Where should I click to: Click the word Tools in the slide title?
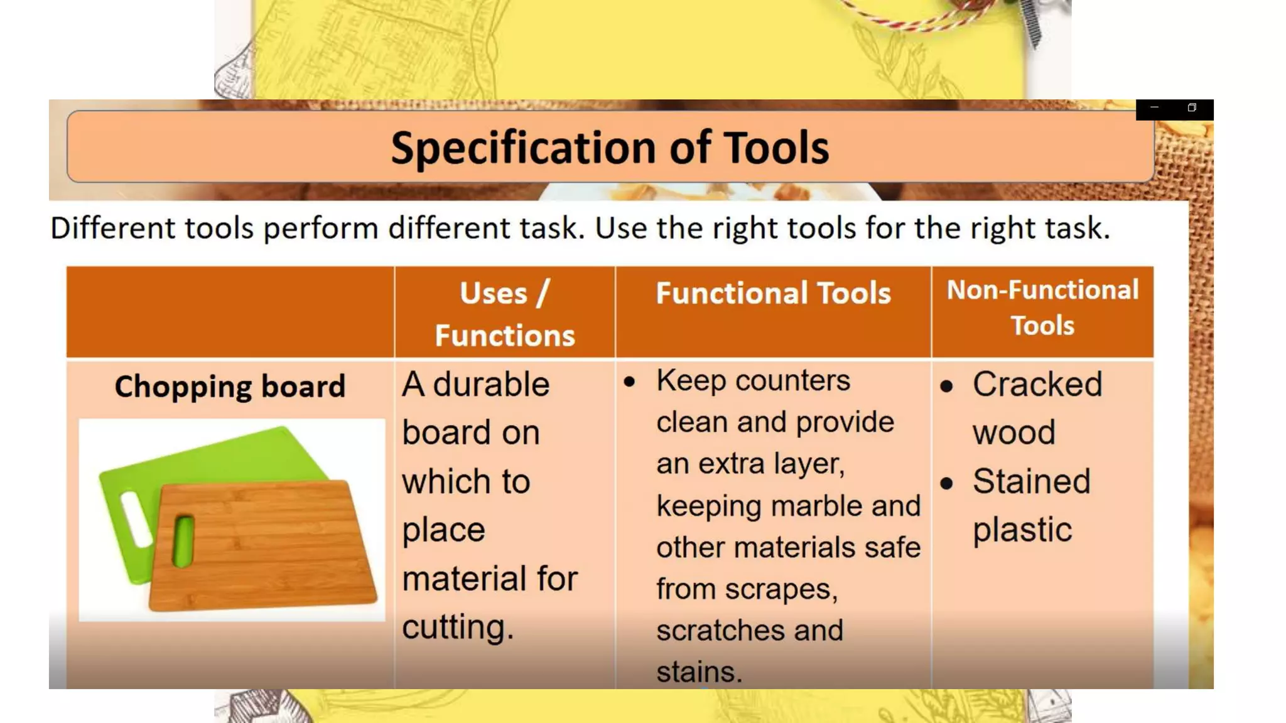coord(776,149)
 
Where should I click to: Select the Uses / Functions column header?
coord(505,313)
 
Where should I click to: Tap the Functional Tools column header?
coord(773,293)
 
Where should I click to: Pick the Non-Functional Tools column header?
coord(1042,308)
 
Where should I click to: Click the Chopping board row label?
coord(230,386)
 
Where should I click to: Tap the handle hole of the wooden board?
coord(183,540)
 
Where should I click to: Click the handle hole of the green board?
coord(135,518)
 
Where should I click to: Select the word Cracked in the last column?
coord(1037,384)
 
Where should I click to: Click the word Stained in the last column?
coord(1031,481)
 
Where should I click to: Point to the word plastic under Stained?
coord(1022,530)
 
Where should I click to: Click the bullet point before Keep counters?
coord(630,382)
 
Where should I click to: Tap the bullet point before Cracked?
coord(946,386)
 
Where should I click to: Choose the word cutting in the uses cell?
coord(457,627)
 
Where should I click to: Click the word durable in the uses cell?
coord(491,384)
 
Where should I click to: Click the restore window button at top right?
coord(1192,108)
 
